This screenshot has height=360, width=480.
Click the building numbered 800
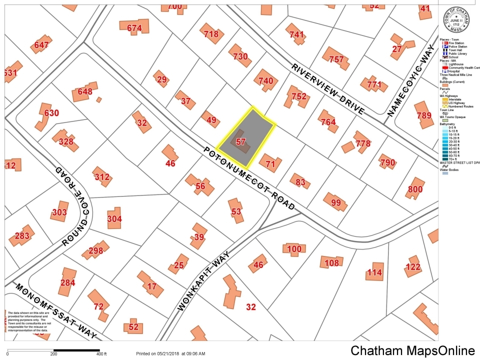point(415,189)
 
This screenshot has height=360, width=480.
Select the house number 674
point(134,28)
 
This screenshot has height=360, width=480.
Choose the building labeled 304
point(114,218)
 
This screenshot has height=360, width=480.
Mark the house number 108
point(331,263)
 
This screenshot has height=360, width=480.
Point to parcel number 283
point(22,235)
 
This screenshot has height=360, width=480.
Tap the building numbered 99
point(335,202)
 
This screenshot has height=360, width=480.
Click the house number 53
point(236,212)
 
